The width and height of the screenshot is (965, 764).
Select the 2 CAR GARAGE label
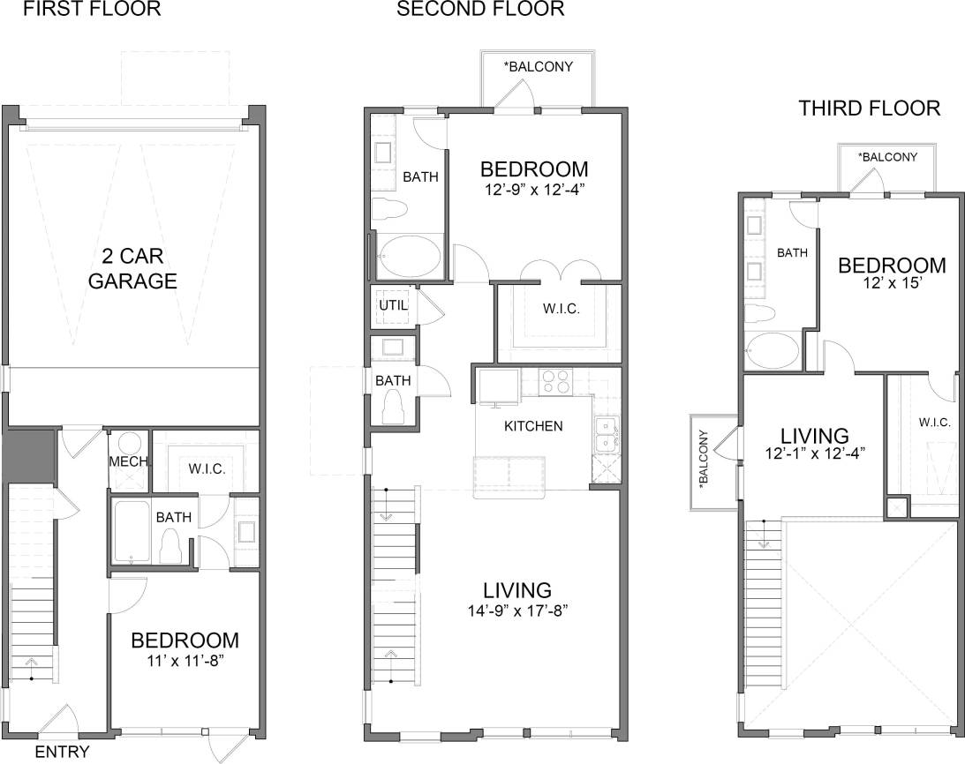coord(137,269)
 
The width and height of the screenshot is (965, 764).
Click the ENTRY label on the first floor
coord(62,752)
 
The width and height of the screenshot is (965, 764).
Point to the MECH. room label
coord(128,461)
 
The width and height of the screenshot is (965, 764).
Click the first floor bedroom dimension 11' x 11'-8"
coord(185,658)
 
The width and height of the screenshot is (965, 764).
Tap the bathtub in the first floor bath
coord(133,533)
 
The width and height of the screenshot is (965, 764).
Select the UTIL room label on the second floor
coord(390,304)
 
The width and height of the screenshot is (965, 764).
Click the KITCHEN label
coord(532,426)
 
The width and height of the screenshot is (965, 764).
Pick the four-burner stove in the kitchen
coord(554,380)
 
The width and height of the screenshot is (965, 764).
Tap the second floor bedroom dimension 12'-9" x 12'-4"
coord(533,188)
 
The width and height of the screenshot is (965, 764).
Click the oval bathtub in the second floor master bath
coord(409,258)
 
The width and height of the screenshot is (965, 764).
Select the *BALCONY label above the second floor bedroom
coord(537,66)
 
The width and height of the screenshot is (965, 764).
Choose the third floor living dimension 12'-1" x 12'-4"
coord(814,453)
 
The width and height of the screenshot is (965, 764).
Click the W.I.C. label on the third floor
coord(934,423)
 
